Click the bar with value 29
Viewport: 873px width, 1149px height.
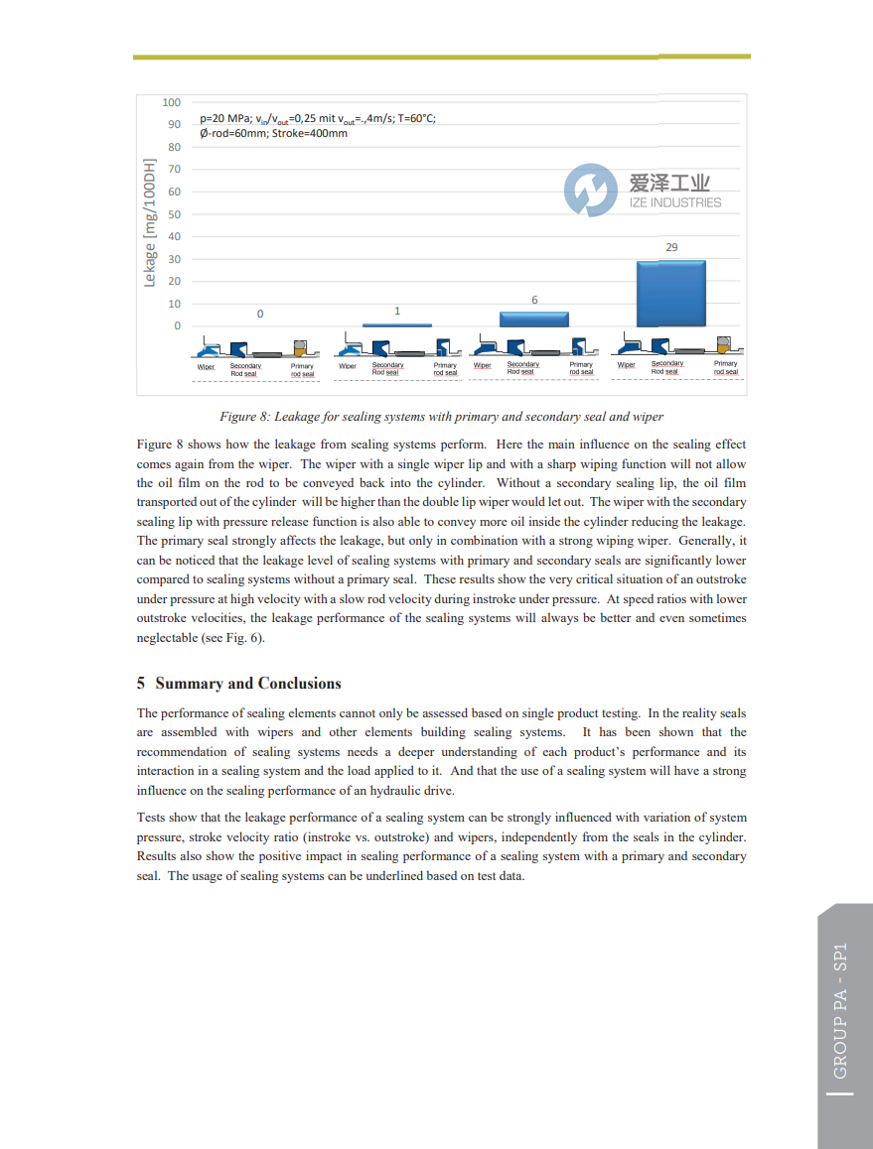[670, 294]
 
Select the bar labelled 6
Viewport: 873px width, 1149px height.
[533, 319]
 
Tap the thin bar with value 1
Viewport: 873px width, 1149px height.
[396, 324]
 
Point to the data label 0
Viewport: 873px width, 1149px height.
[260, 314]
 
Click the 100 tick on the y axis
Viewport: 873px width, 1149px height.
[171, 102]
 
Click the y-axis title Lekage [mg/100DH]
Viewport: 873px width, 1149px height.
[150, 222]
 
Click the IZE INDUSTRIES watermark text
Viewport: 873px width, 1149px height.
[675, 202]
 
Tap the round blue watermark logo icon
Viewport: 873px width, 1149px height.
[591, 191]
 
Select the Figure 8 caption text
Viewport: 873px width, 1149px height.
[441, 417]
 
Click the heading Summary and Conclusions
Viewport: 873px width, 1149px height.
[248, 684]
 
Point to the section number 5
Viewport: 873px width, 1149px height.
[141, 684]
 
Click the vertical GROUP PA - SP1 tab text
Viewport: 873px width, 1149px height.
[840, 1010]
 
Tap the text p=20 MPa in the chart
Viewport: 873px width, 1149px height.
[225, 118]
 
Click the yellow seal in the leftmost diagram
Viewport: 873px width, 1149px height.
[301, 348]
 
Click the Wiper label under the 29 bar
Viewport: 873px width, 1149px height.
[626, 365]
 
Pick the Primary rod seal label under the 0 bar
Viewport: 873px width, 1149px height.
[302, 370]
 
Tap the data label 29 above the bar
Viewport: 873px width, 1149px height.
[671, 247]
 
